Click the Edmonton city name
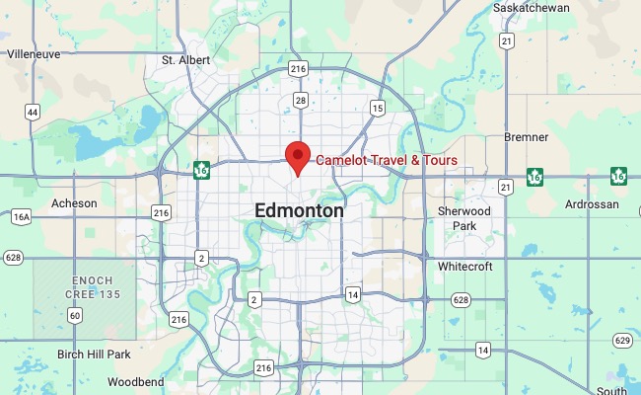299,210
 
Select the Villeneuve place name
34,55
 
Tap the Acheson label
74,202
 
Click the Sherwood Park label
463,218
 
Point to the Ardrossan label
591,204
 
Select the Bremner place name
526,137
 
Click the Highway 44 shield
33,113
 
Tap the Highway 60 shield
76,315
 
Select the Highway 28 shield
300,100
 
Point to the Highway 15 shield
377,107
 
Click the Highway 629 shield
620,341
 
